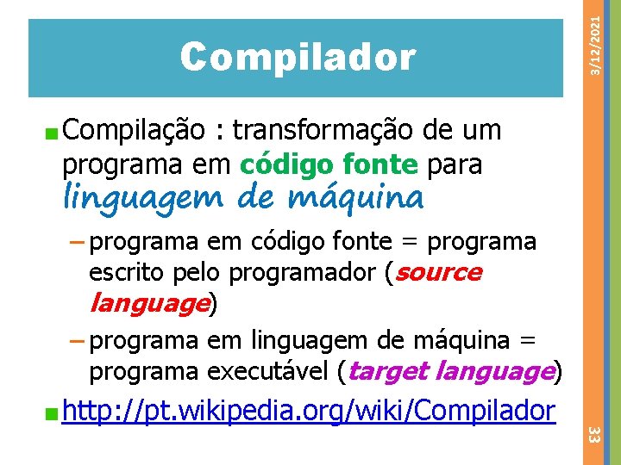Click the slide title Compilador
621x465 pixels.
[x=298, y=58]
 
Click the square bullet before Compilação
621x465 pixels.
[x=53, y=133]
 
